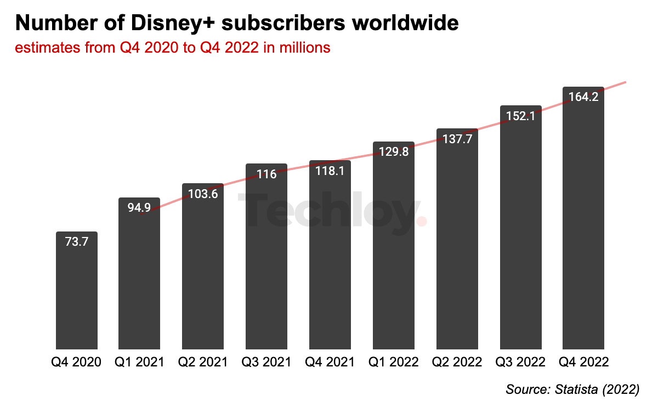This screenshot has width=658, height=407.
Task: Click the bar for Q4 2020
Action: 77,291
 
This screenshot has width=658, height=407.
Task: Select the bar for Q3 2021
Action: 266,258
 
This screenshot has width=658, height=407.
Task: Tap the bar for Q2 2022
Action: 457,241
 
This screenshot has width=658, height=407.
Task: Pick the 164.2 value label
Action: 583,97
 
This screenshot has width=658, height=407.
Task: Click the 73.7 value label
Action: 77,242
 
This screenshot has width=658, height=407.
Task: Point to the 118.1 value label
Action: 330,171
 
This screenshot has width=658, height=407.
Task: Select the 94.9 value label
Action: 139,208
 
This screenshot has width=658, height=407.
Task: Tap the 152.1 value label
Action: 520,116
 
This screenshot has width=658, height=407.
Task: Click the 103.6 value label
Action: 203,194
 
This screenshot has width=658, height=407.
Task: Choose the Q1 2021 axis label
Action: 140,363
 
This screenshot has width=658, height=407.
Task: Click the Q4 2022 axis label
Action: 583,363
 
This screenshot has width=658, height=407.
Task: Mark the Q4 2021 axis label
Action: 330,363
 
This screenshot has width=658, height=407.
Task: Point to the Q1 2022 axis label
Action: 394,363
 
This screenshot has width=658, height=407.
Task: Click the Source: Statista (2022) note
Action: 572,390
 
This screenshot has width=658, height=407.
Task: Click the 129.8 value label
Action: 394,152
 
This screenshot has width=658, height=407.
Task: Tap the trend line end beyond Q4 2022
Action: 624,83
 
